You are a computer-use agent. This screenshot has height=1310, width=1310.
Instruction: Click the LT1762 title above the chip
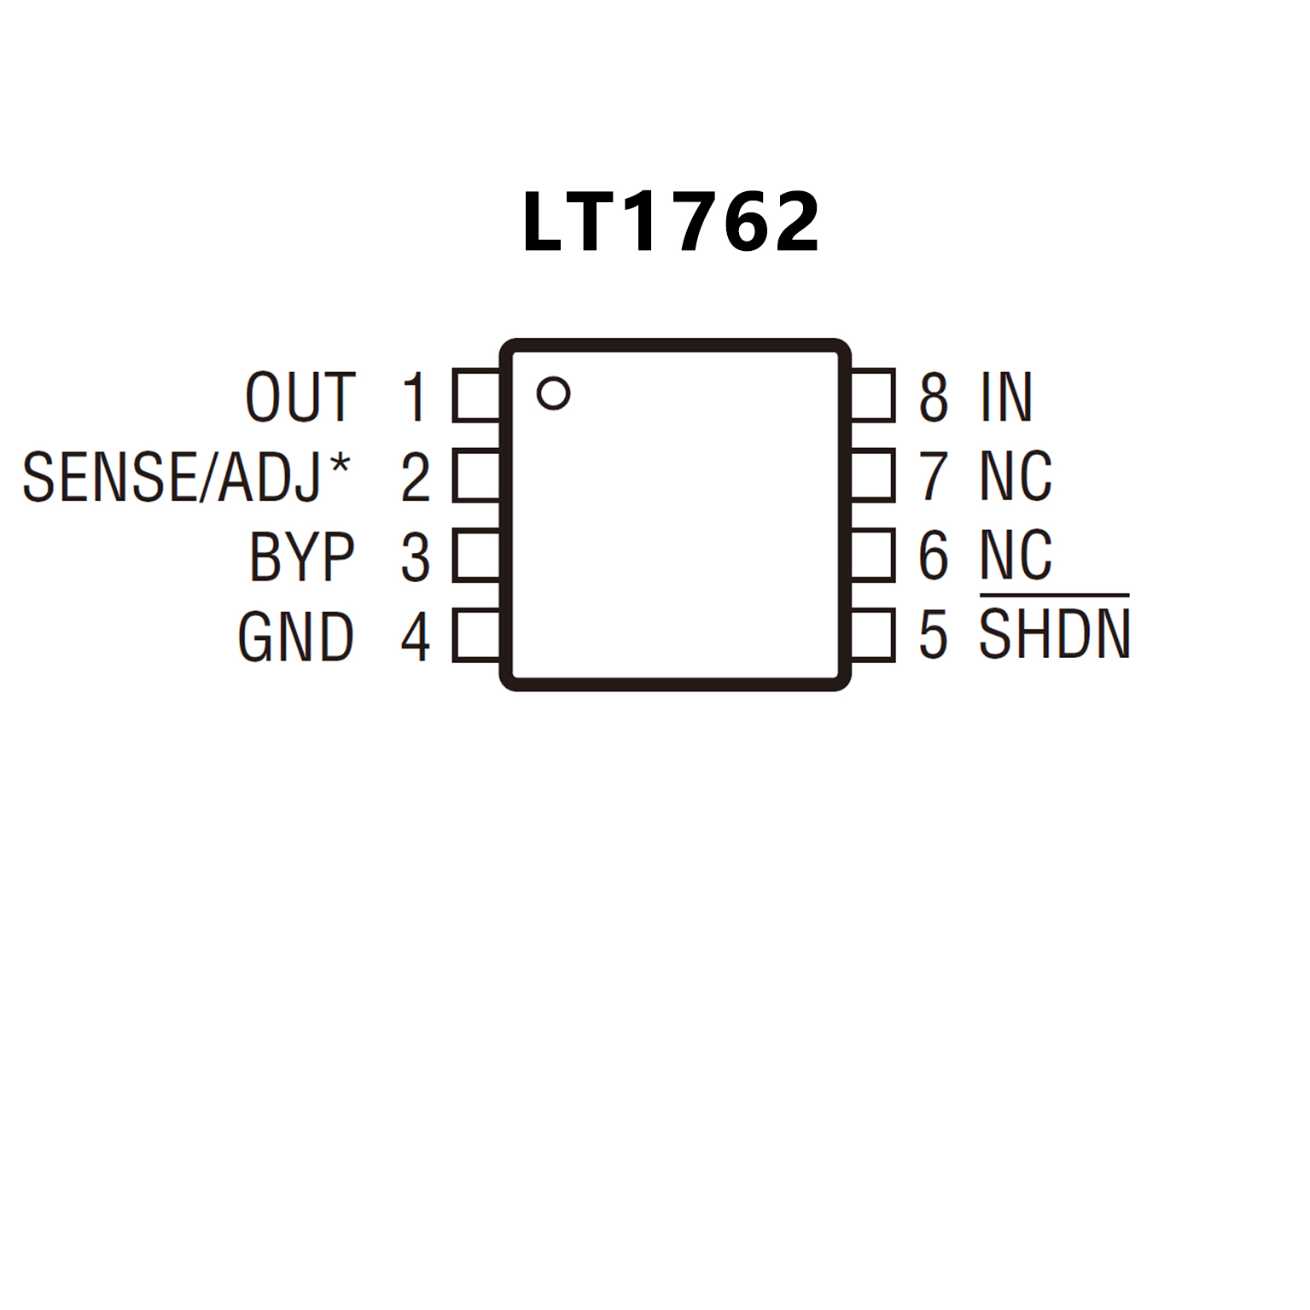pyautogui.click(x=671, y=222)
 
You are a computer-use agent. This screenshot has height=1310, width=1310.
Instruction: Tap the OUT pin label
pyautogui.click(x=300, y=397)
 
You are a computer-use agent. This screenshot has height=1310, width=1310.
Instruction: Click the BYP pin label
pyautogui.click(x=302, y=557)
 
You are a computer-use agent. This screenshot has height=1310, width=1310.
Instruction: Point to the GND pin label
pyautogui.click(x=296, y=637)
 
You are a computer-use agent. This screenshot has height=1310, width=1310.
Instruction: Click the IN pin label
pyautogui.click(x=1006, y=397)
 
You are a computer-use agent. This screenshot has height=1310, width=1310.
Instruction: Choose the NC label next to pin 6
pyautogui.click(x=1016, y=556)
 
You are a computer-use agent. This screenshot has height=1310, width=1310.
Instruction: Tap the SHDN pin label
pyautogui.click(x=1055, y=635)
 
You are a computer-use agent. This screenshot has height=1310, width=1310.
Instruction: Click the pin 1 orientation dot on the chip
pyautogui.click(x=553, y=393)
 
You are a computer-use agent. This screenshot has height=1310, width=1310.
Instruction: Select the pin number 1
pyautogui.click(x=415, y=397)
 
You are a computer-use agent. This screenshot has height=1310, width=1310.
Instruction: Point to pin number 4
pyautogui.click(x=416, y=637)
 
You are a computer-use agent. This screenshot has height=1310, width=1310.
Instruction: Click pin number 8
pyautogui.click(x=934, y=397)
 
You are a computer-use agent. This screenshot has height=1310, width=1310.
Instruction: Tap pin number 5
pyautogui.click(x=934, y=635)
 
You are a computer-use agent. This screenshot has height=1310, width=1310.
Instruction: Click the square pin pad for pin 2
pyautogui.click(x=476, y=475)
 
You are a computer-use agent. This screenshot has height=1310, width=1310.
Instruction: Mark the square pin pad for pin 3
pyautogui.click(x=476, y=556)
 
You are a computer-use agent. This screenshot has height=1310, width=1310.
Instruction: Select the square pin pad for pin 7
pyautogui.click(x=872, y=475)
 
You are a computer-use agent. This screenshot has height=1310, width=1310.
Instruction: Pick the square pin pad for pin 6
pyautogui.click(x=872, y=555)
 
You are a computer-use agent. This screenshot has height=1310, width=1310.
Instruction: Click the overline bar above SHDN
pyautogui.click(x=1055, y=594)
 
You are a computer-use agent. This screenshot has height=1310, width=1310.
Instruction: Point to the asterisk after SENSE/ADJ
pyautogui.click(x=340, y=465)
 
